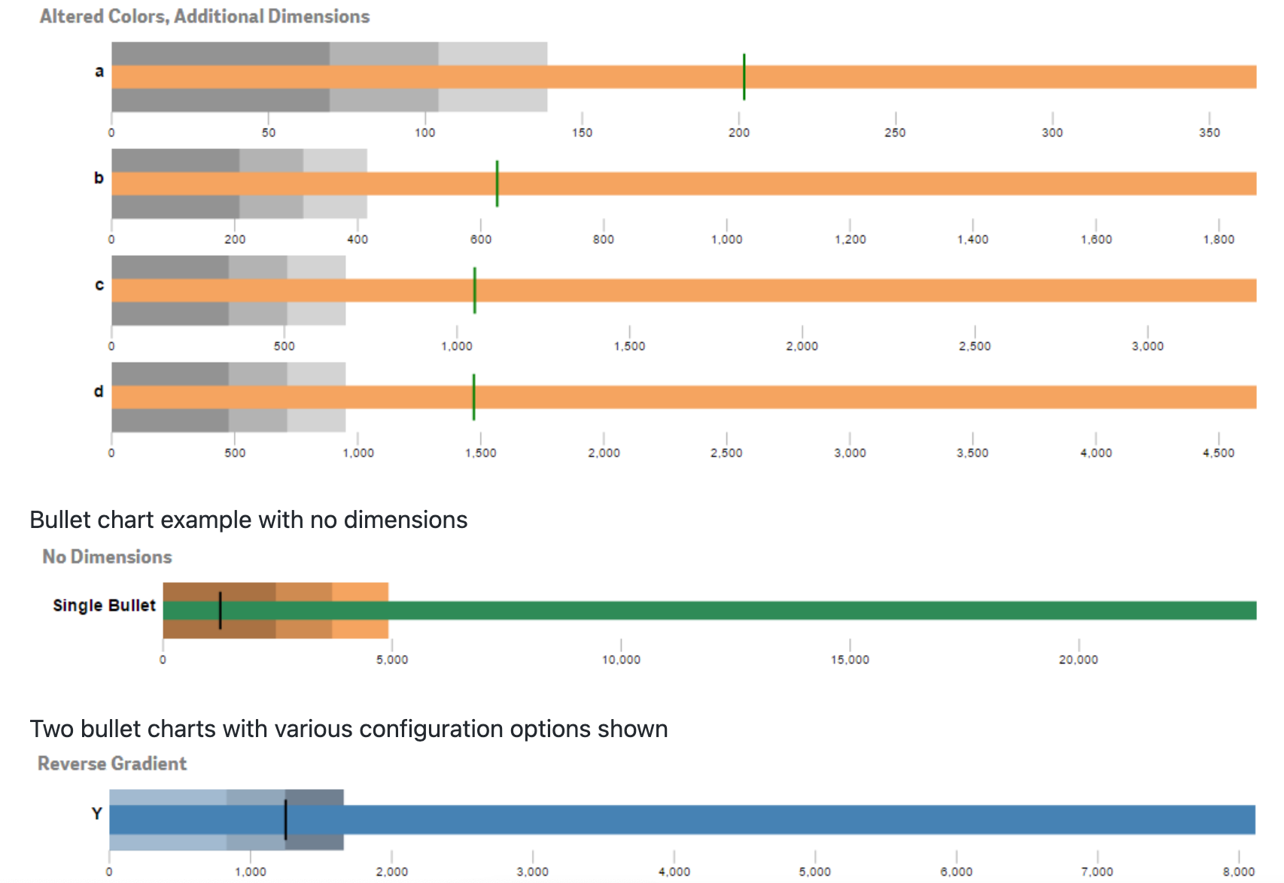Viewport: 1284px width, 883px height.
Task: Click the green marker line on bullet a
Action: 744,77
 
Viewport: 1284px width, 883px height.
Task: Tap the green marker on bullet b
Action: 497,184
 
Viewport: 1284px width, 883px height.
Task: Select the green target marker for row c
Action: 474,290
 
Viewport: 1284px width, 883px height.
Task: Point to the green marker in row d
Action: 473,397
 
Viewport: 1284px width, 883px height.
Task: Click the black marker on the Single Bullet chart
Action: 220,610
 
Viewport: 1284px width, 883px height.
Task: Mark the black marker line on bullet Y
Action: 285,820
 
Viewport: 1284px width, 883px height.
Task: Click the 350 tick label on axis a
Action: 1209,133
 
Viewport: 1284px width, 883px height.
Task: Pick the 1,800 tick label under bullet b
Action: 1218,240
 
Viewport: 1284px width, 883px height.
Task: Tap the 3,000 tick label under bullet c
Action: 1147,347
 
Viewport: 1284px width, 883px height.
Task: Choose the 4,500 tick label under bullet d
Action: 1218,454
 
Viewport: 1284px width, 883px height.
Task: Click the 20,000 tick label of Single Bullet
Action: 1078,660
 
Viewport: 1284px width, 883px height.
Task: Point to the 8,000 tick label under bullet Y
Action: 1238,872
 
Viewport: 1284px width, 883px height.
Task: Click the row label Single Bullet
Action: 104,605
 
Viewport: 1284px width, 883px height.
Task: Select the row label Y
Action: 96,813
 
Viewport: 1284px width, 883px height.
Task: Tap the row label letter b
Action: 99,178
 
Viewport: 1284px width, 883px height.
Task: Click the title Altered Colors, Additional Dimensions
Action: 204,17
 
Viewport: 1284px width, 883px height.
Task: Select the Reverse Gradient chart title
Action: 112,763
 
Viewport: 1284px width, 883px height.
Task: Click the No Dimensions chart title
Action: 107,557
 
